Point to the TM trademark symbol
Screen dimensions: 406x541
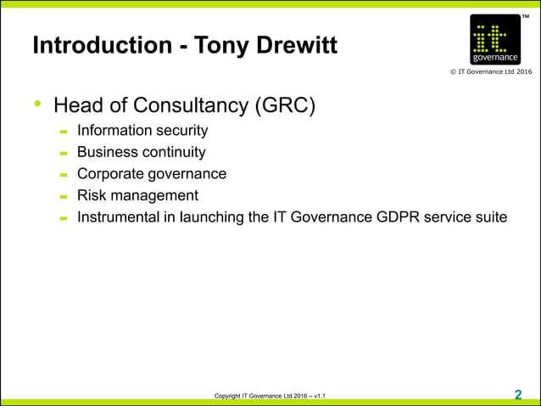tap(526, 11)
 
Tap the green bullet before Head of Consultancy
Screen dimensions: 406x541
tap(37, 104)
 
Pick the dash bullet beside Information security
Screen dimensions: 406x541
tap(64, 133)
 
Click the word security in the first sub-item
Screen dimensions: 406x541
tap(179, 131)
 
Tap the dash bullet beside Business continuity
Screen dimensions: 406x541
tap(64, 154)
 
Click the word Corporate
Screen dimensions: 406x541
tap(109, 173)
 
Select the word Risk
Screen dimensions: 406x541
tap(92, 195)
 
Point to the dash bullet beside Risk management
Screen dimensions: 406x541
tap(64, 197)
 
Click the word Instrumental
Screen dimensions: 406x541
tap(116, 217)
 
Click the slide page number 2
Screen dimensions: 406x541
tap(518, 394)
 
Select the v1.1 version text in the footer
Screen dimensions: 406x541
tap(320, 397)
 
